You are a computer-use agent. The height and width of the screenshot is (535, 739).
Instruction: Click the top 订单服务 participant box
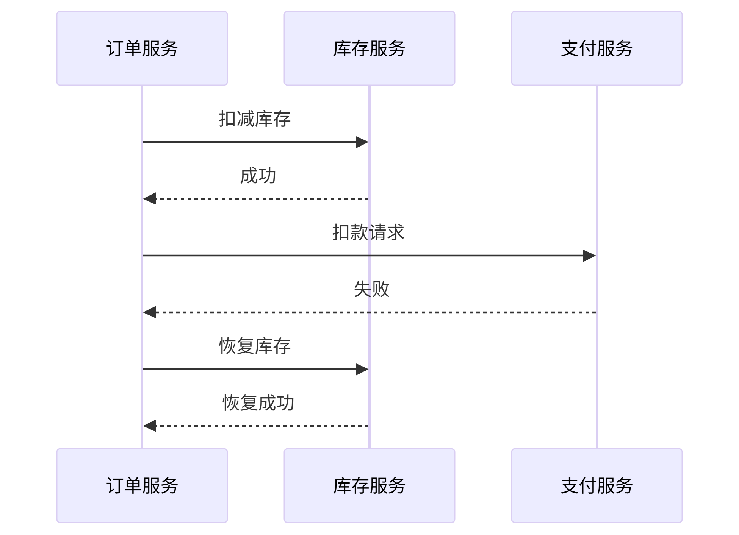142,48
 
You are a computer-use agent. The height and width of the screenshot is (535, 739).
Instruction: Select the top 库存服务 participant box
369,48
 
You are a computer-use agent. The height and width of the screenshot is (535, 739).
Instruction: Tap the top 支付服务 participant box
597,48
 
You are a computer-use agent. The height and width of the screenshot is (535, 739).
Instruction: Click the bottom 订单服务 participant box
142,485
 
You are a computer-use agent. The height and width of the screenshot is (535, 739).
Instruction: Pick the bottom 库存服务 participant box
369,485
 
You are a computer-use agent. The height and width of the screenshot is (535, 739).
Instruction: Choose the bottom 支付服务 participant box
597,485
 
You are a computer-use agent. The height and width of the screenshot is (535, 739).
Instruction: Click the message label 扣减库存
255,119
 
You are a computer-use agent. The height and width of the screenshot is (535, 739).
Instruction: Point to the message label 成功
258,176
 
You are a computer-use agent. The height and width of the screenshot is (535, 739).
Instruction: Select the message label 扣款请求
368,232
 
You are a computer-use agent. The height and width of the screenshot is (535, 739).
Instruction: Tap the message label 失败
371,289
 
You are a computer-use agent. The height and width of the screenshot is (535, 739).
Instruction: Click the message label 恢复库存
255,346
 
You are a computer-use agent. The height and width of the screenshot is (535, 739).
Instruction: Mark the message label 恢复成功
258,402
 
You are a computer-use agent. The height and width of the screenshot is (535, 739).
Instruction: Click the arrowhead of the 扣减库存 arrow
362,142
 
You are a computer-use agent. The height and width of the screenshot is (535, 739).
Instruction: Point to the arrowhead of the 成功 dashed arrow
150,198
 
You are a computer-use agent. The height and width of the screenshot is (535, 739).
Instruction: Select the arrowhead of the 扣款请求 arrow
589,256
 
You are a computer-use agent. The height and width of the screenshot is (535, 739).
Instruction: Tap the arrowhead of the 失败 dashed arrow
150,312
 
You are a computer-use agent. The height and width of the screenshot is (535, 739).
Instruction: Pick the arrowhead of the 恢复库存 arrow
362,369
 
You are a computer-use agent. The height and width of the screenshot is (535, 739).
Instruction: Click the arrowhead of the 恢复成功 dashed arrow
150,426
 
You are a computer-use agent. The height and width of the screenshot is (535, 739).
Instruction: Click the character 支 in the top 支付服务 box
570,48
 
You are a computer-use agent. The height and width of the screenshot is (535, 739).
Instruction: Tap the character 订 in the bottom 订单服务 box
115,485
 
